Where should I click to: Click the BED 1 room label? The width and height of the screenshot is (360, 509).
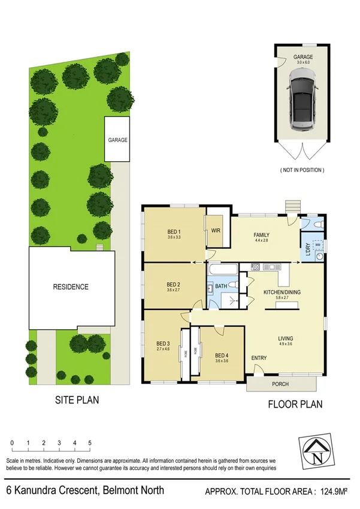(174, 233)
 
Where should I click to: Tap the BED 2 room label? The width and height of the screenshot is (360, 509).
(174, 284)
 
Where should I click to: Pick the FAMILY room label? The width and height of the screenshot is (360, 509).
(261, 235)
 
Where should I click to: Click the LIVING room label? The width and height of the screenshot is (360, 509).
(285, 339)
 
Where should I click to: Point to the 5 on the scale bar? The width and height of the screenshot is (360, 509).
(90, 442)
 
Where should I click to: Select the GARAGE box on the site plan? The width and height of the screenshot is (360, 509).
(118, 139)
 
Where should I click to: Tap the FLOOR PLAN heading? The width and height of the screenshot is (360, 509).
(294, 404)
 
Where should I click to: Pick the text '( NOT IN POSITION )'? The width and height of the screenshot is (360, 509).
(302, 170)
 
